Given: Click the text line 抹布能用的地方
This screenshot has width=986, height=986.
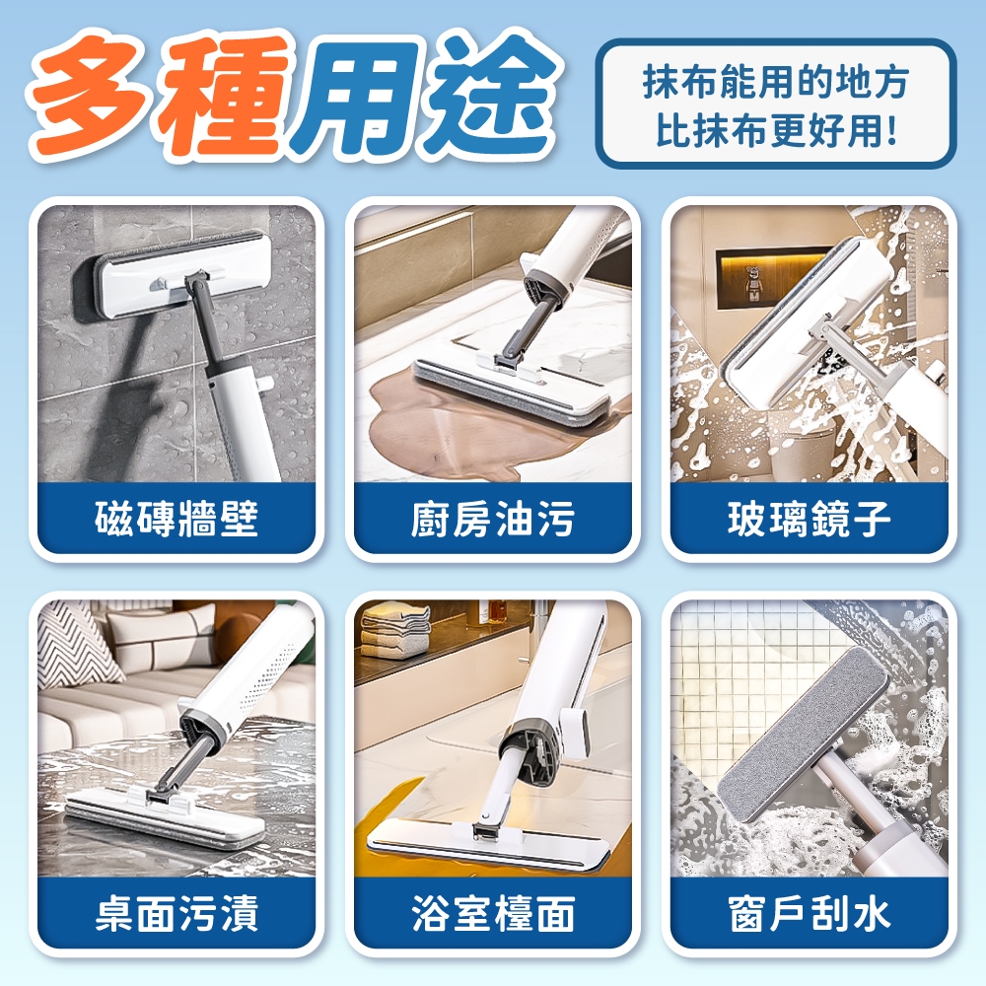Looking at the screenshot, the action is click(775, 81).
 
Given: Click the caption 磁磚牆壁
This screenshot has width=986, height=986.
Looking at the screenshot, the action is click(176, 519).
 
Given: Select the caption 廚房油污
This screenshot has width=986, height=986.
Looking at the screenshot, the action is click(493, 519).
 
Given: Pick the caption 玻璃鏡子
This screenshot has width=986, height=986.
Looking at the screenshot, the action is click(810, 519).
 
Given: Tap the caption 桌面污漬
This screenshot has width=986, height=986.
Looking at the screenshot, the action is click(176, 913).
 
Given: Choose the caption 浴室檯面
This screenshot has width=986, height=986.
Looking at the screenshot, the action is click(493, 913).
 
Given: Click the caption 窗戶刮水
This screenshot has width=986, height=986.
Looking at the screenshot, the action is click(810, 913).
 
